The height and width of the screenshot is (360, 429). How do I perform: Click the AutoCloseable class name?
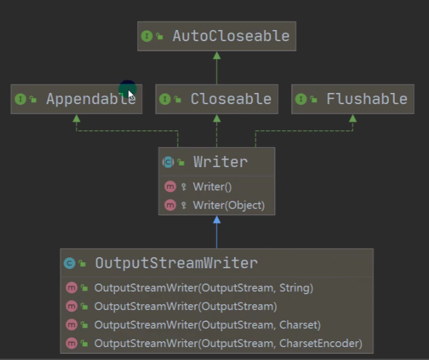pyautogui.click(x=231, y=36)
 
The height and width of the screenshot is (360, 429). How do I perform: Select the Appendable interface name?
pyautogui.click(x=91, y=99)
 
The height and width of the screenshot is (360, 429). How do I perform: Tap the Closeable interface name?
pyautogui.click(x=231, y=99)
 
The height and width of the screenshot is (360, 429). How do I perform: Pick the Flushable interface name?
pyautogui.click(x=367, y=99)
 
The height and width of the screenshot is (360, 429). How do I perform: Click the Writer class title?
pyautogui.click(x=221, y=162)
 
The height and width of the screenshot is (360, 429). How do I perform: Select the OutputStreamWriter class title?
pyautogui.click(x=177, y=263)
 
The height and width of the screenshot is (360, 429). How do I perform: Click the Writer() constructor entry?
pyautogui.click(x=212, y=187)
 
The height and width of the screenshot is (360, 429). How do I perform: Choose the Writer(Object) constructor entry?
pyautogui.click(x=229, y=205)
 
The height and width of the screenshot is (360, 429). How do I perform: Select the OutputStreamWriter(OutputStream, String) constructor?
pyautogui.click(x=204, y=288)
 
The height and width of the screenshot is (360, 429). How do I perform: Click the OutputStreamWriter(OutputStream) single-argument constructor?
pyautogui.click(x=185, y=306)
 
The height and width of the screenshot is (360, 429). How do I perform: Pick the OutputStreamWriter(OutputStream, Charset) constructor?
pyautogui.click(x=207, y=325)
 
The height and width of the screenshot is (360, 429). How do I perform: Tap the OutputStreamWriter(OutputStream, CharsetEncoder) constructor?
pyautogui.click(x=228, y=344)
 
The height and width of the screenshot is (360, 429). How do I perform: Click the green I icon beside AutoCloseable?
pyautogui.click(x=147, y=36)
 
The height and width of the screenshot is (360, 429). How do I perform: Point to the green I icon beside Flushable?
pyautogui.click(x=301, y=99)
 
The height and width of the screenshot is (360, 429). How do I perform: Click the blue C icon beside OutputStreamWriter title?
pyautogui.click(x=69, y=263)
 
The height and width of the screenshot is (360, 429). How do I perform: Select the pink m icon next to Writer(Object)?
pyautogui.click(x=170, y=205)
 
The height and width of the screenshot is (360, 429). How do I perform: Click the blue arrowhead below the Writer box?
pyautogui.click(x=217, y=219)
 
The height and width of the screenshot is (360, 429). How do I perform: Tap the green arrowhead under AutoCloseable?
pyautogui.click(x=217, y=55)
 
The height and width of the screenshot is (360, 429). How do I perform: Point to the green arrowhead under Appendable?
pyautogui.click(x=77, y=118)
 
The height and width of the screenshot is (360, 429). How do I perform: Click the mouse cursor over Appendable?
pyautogui.click(x=131, y=94)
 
